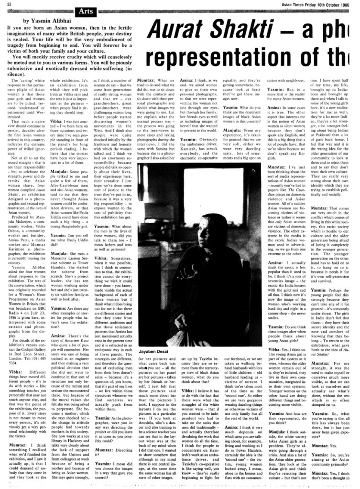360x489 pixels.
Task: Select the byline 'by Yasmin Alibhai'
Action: coord(46,21)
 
